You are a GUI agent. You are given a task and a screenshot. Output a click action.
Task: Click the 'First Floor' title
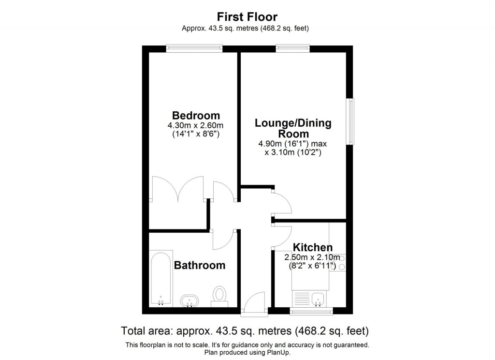tap(247, 17)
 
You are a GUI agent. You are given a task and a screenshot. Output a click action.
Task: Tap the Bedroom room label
tap(196, 116)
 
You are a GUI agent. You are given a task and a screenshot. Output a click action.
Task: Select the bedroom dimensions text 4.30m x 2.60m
tap(196, 125)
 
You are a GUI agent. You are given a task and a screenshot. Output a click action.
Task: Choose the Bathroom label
tap(200, 265)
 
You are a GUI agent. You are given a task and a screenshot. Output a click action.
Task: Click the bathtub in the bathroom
tap(160, 278)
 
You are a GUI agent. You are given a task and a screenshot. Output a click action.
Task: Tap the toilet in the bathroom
tap(219, 296)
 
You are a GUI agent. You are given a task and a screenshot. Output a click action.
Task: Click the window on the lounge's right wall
tap(350, 121)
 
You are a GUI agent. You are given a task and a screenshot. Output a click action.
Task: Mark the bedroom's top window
tap(194, 48)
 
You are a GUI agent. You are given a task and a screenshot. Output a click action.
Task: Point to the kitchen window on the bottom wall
tap(311, 311)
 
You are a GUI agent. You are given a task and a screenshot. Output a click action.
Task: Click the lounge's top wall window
tap(292, 48)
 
